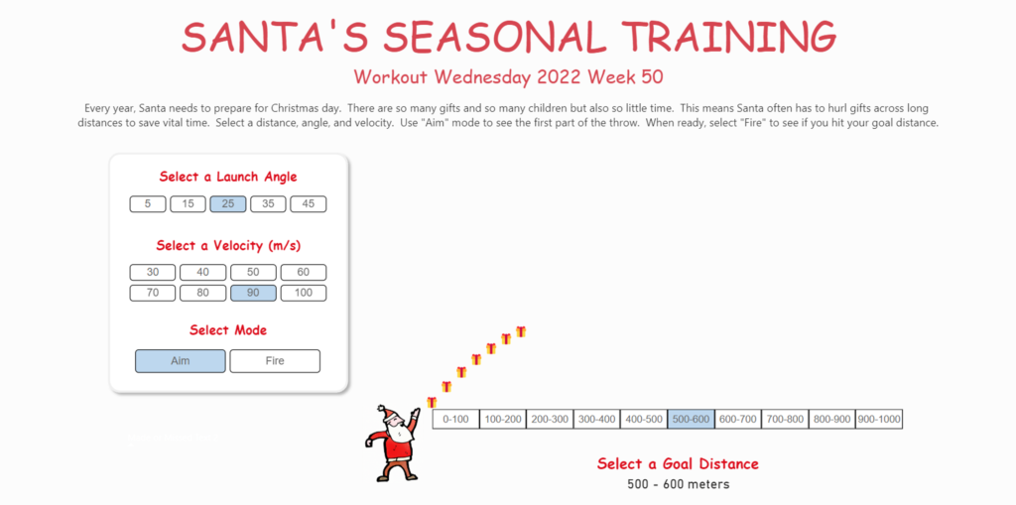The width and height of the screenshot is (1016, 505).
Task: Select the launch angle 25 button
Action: click(228, 204)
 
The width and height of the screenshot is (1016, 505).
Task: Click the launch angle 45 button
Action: click(309, 204)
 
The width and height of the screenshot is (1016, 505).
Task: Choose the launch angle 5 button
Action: click(148, 204)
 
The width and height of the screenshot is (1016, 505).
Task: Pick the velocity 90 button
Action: click(253, 293)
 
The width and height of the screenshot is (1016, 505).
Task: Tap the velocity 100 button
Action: click(304, 293)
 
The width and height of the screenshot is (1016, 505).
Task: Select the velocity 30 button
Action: click(153, 272)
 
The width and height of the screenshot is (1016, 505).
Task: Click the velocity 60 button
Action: click(304, 272)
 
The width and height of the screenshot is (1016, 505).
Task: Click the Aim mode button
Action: click(181, 361)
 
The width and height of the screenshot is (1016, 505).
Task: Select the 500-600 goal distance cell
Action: click(691, 420)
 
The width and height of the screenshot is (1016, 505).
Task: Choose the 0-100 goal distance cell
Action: click(456, 420)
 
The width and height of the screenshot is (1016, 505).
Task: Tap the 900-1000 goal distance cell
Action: click(879, 420)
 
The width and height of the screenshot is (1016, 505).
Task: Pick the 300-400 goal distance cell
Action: click(596, 420)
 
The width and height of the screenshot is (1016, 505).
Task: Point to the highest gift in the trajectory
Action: click(520, 331)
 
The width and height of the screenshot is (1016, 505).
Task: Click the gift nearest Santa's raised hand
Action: click(432, 402)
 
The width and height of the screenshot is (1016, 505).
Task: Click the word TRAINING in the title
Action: click(728, 37)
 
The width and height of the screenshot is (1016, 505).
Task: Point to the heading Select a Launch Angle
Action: click(228, 177)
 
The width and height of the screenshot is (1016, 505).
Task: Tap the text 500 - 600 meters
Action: click(679, 484)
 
